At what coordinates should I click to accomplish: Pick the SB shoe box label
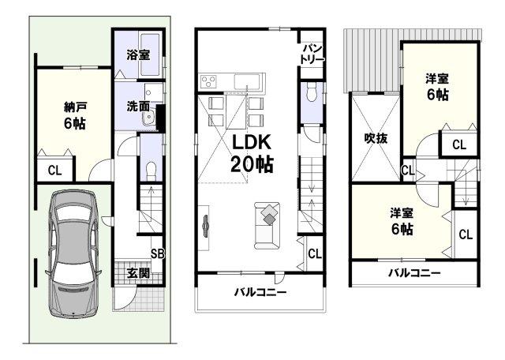point(157,254)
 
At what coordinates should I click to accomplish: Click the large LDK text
point(252,143)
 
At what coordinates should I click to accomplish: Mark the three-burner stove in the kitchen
point(210,81)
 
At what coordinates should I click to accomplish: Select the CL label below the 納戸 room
point(54,170)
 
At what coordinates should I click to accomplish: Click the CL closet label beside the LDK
point(314,254)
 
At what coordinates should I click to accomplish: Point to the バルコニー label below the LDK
point(260,292)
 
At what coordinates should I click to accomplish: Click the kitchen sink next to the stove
point(245,81)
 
